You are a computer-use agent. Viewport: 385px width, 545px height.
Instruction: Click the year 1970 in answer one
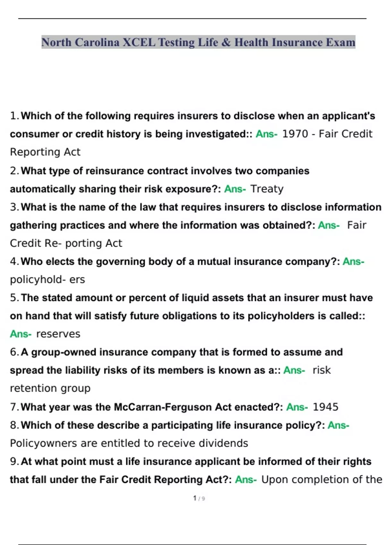295,134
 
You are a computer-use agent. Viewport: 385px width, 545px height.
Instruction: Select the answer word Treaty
267,189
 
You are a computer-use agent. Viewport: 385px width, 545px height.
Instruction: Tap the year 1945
325,407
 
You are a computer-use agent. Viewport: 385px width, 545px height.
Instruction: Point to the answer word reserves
58,334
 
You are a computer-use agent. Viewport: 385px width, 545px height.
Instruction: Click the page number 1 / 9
199,498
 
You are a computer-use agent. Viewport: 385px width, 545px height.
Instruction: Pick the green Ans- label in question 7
297,407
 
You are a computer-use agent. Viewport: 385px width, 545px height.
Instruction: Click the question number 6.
14,352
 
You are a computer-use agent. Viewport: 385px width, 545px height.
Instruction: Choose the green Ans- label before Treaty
235,189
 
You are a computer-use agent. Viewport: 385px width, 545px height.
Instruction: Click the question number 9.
14,461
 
